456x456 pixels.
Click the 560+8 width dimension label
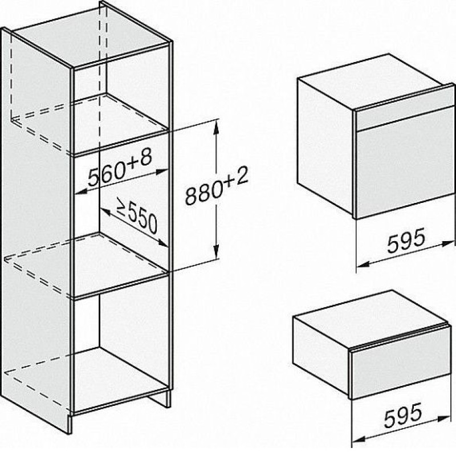pyautogui.click(x=120, y=168)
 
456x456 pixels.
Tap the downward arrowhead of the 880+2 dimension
pyautogui.click(x=216, y=251)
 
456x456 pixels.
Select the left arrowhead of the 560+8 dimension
pyautogui.click(x=82, y=191)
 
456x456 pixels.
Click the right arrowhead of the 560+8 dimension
pyautogui.click(x=162, y=172)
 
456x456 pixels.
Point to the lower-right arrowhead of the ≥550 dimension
pyautogui.click(x=162, y=243)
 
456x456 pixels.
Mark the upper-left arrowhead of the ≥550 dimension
pyautogui.click(x=105, y=211)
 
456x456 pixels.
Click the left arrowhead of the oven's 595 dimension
pyautogui.click(x=363, y=264)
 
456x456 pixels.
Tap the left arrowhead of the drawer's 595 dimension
pyautogui.click(x=359, y=438)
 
